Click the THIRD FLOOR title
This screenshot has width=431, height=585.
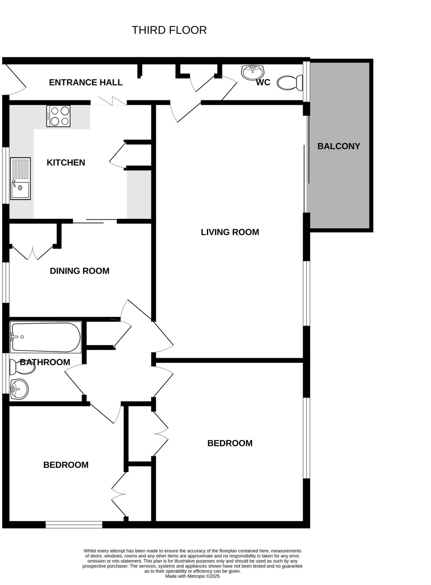click(169, 30)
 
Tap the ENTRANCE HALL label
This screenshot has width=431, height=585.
click(86, 83)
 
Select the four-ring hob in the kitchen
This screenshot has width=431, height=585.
click(58, 116)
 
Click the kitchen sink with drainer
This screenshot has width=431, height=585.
click(20, 178)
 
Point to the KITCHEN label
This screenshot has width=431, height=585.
click(66, 163)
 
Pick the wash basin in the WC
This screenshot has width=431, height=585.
click(253, 72)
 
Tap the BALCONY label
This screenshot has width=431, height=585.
click(339, 146)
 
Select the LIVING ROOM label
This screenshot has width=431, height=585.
click(230, 232)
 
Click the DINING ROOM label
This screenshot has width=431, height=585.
click(80, 271)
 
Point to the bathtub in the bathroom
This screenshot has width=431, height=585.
click(46, 337)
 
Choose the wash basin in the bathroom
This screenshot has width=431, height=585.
click(19, 389)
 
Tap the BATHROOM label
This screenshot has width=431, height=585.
click(45, 362)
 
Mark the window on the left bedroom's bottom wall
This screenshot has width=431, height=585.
click(74, 524)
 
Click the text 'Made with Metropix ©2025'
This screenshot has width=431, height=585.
click(192, 576)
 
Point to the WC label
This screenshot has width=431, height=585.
click(263, 83)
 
